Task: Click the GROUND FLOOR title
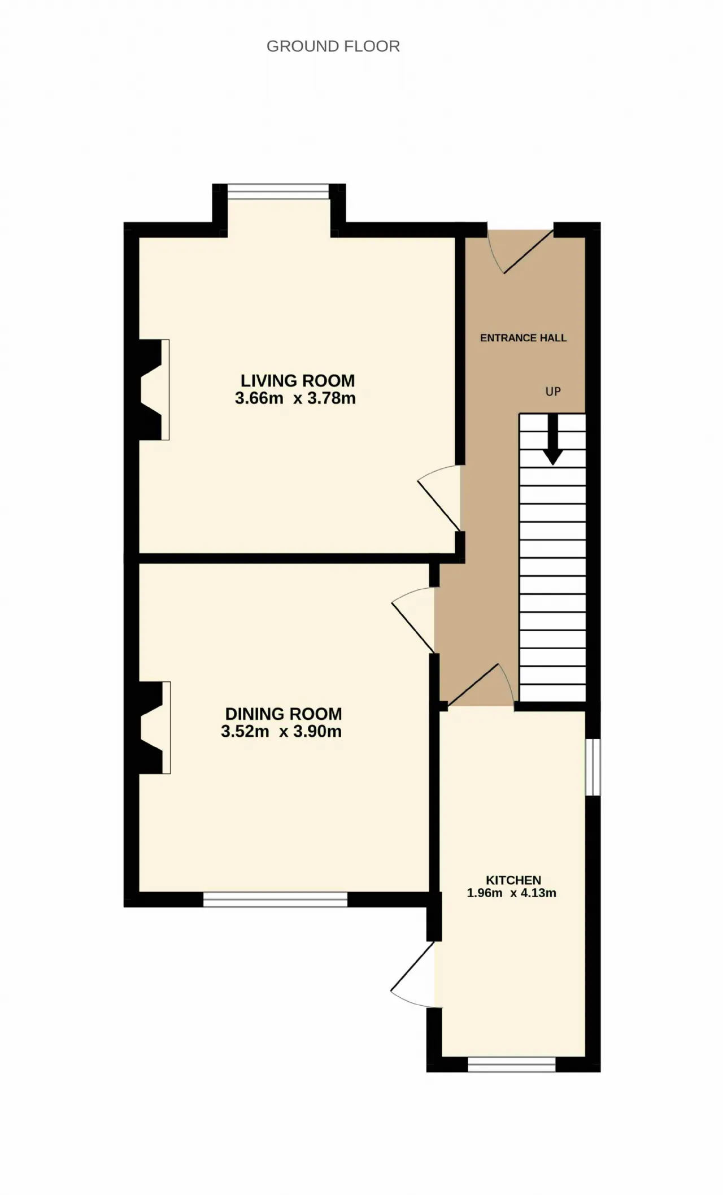[x=333, y=46]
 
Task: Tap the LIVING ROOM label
[x=298, y=381]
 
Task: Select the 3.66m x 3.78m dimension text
[x=295, y=398]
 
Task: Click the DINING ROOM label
[x=284, y=714]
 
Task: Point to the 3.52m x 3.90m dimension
[x=281, y=732]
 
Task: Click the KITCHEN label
[x=513, y=880]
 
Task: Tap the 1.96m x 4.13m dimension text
[x=512, y=893]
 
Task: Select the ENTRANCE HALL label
[x=524, y=338]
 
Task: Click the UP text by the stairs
[x=553, y=391]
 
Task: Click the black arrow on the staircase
[x=552, y=440]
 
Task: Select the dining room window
[x=275, y=899]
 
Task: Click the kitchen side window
[x=593, y=767]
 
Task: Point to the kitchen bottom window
[x=512, y=1064]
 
